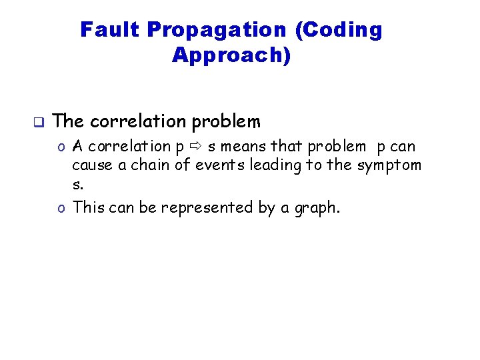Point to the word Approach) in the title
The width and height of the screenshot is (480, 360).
coord(231,55)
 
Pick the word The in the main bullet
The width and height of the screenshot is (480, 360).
coord(68,121)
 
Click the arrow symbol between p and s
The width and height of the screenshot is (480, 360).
coord(196,146)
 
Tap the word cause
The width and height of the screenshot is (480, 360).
coord(93,165)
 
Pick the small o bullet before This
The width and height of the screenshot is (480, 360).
coord(61,208)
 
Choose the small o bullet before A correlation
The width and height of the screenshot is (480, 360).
coord(61,147)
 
